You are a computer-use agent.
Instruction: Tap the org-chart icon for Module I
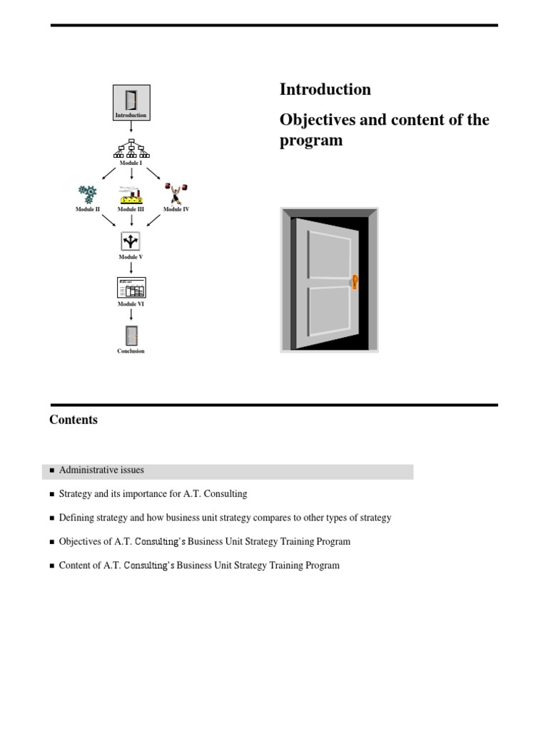131,148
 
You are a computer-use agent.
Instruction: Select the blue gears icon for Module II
88,193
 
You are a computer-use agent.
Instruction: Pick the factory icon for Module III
131,194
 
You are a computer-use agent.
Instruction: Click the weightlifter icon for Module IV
176,193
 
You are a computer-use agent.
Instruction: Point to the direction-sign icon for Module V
131,241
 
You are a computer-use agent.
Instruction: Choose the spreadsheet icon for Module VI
131,287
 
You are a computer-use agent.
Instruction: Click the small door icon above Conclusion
131,334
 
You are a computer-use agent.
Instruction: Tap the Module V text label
131,257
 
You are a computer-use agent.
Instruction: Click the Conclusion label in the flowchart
131,351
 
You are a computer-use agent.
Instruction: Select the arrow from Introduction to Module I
131,127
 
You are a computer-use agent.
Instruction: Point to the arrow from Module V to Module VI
131,268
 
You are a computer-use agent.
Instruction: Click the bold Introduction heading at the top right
325,89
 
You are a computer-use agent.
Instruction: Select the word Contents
73,420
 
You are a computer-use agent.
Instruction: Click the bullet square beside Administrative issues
52,471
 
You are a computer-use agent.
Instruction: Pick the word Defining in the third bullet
77,518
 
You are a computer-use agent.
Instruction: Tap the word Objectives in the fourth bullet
81,541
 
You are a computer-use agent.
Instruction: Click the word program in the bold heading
310,140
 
